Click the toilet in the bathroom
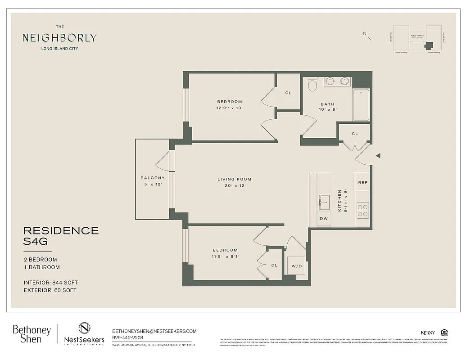pyautogui.click(x=312, y=84)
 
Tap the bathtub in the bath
pyautogui.click(x=361, y=105)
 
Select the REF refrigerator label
pyautogui.click(x=362, y=182)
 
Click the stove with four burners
pyautogui.click(x=362, y=210)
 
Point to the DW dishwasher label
pyautogui.click(x=323, y=219)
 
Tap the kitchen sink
pyautogui.click(x=324, y=202)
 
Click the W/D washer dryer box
pyautogui.click(x=296, y=266)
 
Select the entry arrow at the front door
pyautogui.click(x=378, y=156)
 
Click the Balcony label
pyautogui.click(x=153, y=178)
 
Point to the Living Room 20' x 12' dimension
pyautogui.click(x=235, y=186)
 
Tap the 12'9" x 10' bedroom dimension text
pyautogui.click(x=230, y=108)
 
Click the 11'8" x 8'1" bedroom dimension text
pyautogui.click(x=225, y=256)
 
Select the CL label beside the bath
pyautogui.click(x=355, y=134)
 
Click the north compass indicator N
pyautogui.click(x=365, y=33)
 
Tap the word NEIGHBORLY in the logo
pyautogui.click(x=59, y=38)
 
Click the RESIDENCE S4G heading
pyautogui.click(x=61, y=236)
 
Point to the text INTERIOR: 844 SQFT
pyautogui.click(x=51, y=283)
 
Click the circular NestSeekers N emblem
pyautogui.click(x=85, y=328)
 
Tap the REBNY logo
pyautogui.click(x=428, y=333)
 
